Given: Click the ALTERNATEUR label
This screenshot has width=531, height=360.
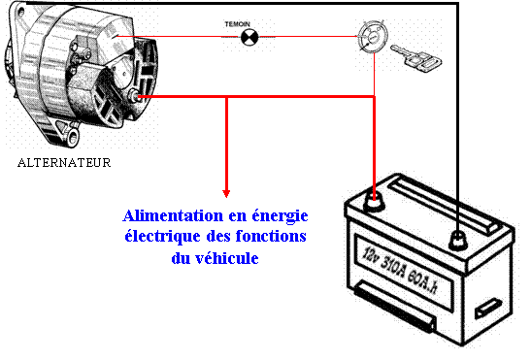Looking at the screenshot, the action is pyautogui.click(x=64, y=163).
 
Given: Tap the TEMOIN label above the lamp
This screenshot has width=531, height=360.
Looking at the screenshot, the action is pyautogui.click(x=237, y=24).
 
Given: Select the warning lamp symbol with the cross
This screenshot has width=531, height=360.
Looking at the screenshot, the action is pyautogui.click(x=249, y=37).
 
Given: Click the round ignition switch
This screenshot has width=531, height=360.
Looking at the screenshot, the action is pyautogui.click(x=373, y=37).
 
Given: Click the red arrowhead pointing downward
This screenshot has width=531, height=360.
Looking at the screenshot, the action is pyautogui.click(x=226, y=193).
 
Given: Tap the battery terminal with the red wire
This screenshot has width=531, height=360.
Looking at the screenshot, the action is pyautogui.click(x=374, y=202).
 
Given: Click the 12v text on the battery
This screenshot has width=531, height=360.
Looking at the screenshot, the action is pyautogui.click(x=370, y=255).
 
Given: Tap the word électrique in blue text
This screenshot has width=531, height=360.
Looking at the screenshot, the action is pyautogui.click(x=162, y=237).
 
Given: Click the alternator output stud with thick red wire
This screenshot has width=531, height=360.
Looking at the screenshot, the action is pyautogui.click(x=134, y=96).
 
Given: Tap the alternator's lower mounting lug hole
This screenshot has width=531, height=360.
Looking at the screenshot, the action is pyautogui.click(x=73, y=138).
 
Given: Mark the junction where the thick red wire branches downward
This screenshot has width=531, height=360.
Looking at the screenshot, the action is pyautogui.click(x=226, y=97).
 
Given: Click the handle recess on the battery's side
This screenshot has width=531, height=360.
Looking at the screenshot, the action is pyautogui.click(x=488, y=308).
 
